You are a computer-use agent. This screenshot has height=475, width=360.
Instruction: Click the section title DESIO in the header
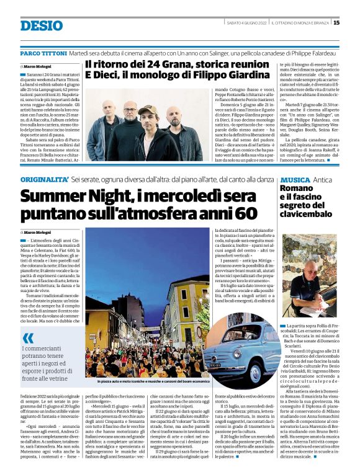coord(42,25)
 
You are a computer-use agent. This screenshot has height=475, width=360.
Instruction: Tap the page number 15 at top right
coord(336,23)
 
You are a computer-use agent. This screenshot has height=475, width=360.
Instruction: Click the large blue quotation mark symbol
coord(29,339)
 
